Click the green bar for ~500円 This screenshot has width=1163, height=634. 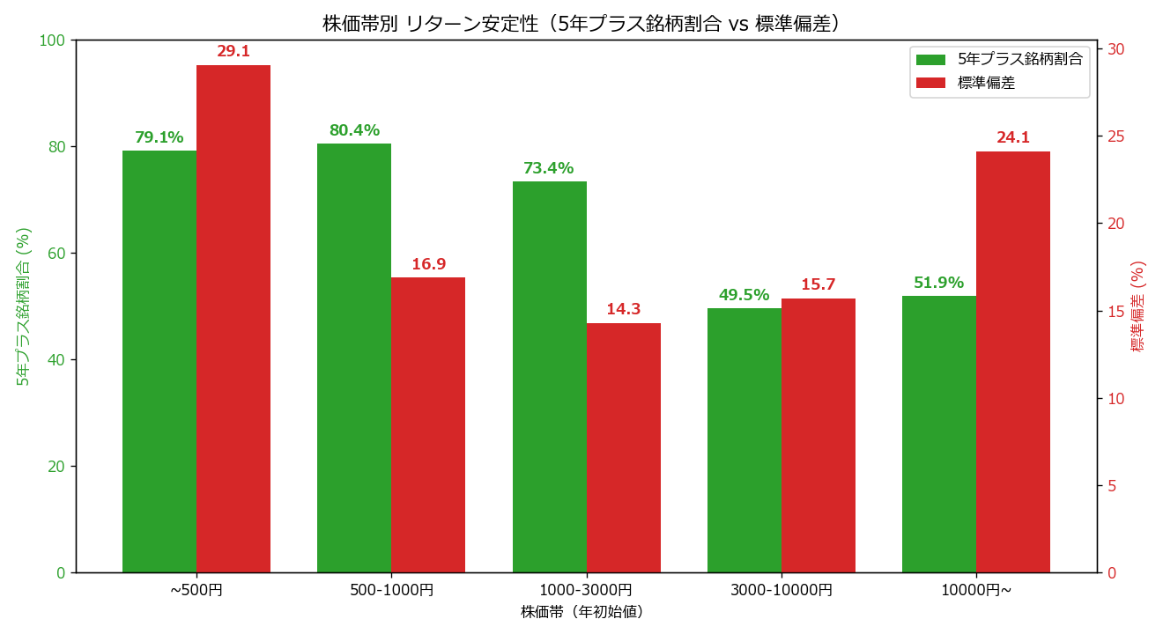(159, 362)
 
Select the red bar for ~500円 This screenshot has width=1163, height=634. (233, 319)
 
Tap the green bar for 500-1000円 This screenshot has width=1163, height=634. (354, 358)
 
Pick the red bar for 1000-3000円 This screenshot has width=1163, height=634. (624, 447)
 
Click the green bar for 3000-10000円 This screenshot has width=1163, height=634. (744, 440)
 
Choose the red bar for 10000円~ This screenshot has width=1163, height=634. (1013, 362)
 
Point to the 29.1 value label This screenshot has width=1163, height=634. (233, 51)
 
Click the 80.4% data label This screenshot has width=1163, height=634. (354, 129)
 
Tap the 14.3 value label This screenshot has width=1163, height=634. (624, 309)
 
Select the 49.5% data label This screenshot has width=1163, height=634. (744, 295)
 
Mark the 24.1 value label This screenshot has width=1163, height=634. (1013, 137)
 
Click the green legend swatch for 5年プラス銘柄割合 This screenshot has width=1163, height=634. (931, 60)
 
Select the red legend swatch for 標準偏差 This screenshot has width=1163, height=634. (931, 83)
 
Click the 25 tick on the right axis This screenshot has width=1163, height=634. (1115, 136)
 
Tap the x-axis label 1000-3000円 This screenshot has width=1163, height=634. (586, 590)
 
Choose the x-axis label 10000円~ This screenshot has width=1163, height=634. (976, 590)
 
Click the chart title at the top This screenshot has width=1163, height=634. (581, 24)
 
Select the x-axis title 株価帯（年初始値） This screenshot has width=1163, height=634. (582, 612)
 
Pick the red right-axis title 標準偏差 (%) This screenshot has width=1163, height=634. (1137, 306)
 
